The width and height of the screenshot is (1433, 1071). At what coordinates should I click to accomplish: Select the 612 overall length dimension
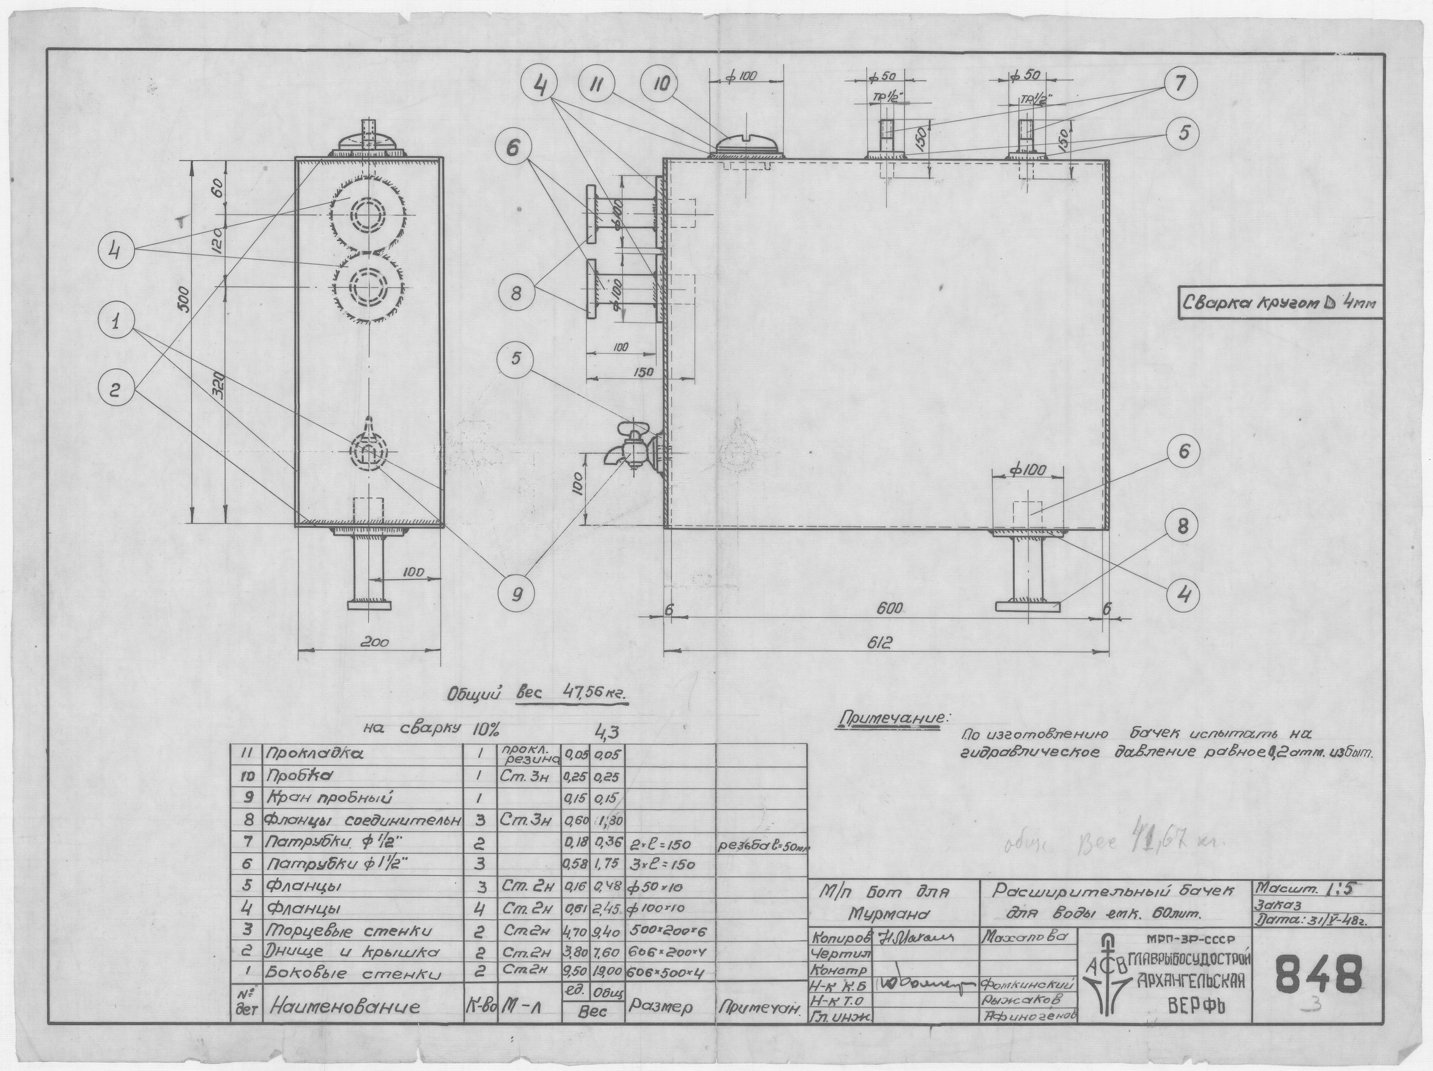click(885, 643)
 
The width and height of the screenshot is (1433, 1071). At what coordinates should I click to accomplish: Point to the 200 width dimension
click(374, 643)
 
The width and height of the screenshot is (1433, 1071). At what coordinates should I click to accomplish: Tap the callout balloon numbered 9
click(516, 593)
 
